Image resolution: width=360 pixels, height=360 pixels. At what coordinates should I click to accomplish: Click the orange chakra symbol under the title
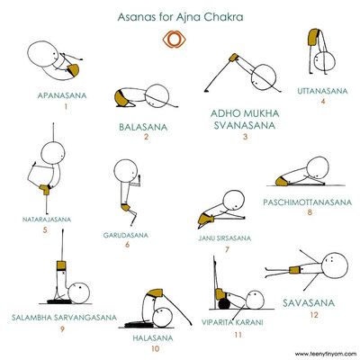(175, 40)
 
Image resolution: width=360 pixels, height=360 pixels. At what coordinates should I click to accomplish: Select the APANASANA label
(62, 95)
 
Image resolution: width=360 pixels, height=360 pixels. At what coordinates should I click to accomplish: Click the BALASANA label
(143, 127)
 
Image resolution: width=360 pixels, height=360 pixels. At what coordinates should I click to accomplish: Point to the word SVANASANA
(245, 125)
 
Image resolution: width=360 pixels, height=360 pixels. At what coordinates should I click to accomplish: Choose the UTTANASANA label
(322, 91)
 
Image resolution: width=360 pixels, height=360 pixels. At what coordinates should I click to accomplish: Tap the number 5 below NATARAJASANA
(45, 230)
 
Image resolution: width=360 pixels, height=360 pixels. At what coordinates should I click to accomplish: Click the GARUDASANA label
(126, 235)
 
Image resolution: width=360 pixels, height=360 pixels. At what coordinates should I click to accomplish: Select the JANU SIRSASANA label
(225, 238)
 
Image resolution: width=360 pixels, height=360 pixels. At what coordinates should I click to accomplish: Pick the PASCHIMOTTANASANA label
(308, 202)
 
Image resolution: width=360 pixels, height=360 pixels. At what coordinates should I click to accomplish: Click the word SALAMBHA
(36, 317)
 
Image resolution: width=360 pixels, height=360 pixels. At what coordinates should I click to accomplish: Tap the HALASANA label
(153, 338)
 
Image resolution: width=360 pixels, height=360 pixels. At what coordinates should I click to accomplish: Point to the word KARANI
(249, 322)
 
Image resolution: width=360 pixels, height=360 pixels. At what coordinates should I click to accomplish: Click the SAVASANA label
(309, 302)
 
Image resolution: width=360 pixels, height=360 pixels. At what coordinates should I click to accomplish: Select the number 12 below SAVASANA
(314, 315)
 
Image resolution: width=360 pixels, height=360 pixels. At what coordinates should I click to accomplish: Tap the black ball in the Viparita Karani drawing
(224, 303)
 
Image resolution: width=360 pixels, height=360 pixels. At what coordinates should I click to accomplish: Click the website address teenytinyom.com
(325, 353)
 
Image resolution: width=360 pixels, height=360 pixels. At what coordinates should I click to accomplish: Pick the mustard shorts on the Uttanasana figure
(313, 37)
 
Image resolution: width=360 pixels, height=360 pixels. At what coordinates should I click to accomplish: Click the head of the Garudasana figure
(126, 171)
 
